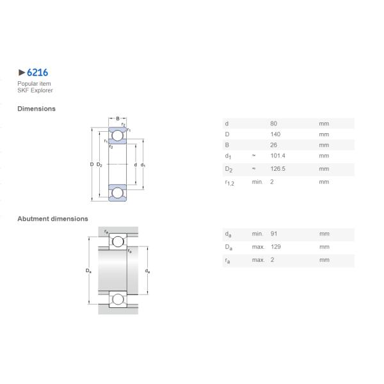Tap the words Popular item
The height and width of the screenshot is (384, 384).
tap(34, 84)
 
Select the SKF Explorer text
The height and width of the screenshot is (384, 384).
tap(35, 90)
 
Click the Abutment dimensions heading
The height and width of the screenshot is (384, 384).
tap(52, 219)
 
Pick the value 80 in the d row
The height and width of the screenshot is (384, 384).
tap(274, 123)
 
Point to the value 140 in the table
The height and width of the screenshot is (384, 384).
tap(275, 134)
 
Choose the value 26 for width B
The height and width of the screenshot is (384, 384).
tap(274, 145)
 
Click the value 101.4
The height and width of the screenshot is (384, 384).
tap(278, 156)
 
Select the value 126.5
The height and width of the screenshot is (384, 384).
tap(278, 169)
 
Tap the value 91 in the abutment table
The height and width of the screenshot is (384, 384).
tap(274, 234)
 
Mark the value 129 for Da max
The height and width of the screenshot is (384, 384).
tap(275, 247)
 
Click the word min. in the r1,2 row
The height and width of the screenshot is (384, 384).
tap(257, 182)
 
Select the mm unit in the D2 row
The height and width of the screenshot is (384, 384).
tap(324, 169)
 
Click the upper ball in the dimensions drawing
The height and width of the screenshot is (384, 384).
tap(118, 135)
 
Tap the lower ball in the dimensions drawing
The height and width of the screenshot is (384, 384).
tap(118, 193)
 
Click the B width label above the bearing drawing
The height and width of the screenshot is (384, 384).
tap(118, 118)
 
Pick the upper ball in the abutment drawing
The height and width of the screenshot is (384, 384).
tap(116, 241)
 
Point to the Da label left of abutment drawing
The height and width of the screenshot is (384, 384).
tap(89, 271)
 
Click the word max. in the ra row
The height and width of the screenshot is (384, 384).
tap(258, 260)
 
